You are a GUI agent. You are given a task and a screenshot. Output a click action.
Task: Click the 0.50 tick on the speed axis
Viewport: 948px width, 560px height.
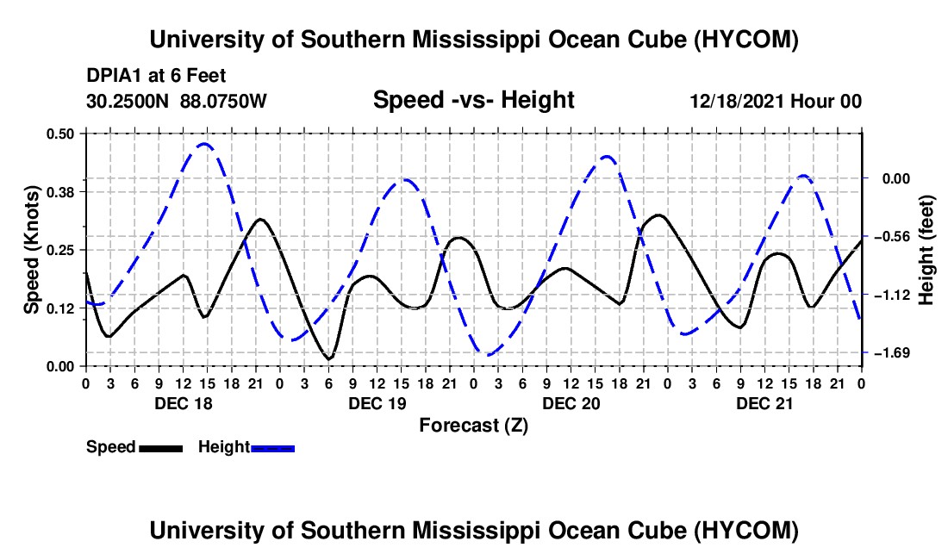point(59,134)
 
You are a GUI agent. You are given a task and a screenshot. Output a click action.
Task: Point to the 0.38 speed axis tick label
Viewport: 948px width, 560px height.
point(59,192)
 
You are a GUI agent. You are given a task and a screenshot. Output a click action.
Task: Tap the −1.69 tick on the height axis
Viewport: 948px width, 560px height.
point(892,352)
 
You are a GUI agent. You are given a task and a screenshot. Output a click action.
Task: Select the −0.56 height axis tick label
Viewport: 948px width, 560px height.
point(892,236)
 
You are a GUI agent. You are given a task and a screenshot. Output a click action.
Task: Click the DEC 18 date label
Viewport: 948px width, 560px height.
point(184,403)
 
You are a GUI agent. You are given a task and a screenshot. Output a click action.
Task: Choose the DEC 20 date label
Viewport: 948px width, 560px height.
point(571,403)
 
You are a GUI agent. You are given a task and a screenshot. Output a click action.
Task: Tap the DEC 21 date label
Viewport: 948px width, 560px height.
point(764,403)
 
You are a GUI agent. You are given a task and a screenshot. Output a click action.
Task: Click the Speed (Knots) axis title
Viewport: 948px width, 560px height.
point(31,250)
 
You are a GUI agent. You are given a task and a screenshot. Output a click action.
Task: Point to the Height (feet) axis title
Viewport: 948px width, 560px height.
point(926,250)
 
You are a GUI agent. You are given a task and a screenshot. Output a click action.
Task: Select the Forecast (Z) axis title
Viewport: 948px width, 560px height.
point(473,426)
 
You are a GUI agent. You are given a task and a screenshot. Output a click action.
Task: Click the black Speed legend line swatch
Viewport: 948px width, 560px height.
point(161,449)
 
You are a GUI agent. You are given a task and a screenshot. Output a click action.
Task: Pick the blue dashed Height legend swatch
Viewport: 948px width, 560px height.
point(272,449)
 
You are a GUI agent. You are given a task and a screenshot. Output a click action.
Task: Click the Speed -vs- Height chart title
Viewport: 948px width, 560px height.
point(473,100)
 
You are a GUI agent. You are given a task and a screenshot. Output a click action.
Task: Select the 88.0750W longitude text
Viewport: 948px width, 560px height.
point(223,102)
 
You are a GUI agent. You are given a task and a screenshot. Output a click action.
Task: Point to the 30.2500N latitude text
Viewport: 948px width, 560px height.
point(128,102)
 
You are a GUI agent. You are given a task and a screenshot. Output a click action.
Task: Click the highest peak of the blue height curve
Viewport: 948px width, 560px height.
point(203,144)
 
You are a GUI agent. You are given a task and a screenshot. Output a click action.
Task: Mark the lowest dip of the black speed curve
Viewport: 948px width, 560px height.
point(329,359)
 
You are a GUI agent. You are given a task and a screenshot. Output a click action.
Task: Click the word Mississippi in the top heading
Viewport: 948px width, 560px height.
point(477,40)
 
